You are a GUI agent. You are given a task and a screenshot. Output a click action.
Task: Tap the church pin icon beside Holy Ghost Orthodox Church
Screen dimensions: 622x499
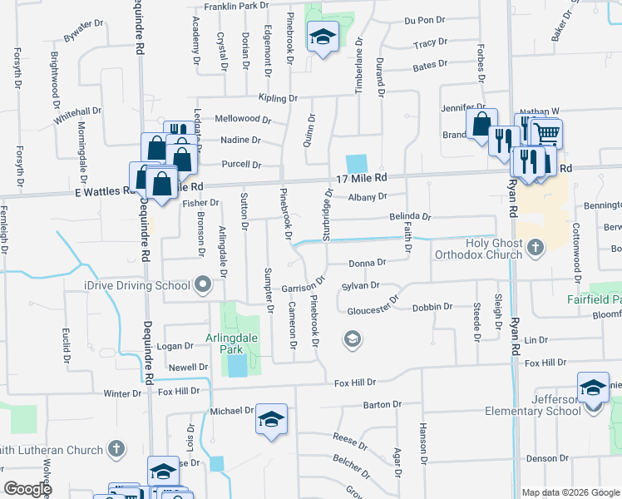pyautogui.click(x=535, y=246)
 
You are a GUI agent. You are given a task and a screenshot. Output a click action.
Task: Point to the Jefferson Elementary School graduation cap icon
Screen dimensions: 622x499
pyautogui.click(x=592, y=388)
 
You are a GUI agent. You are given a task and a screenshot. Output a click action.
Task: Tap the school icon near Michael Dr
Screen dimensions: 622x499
pyautogui.click(x=270, y=419)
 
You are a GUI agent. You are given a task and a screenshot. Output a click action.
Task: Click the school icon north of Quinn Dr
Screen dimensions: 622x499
pyautogui.click(x=323, y=37)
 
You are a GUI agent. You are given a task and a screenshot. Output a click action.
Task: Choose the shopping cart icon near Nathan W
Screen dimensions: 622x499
pyautogui.click(x=546, y=132)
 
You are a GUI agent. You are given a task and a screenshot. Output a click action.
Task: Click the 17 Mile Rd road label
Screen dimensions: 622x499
pyautogui.click(x=363, y=179)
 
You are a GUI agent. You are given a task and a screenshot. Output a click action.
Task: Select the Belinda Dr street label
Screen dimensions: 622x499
pyautogui.click(x=410, y=216)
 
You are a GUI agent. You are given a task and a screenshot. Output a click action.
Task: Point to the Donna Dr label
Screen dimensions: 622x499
pyautogui.click(x=368, y=263)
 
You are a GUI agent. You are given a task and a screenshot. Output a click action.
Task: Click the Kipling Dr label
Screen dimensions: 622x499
pyautogui.click(x=277, y=98)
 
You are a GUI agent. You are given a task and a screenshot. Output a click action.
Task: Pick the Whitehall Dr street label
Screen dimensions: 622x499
pyautogui.click(x=77, y=111)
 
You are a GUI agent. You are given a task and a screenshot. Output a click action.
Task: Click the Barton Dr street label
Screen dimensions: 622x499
pyautogui.click(x=383, y=404)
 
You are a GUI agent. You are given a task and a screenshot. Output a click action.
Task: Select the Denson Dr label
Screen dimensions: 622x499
pyautogui.click(x=545, y=458)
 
